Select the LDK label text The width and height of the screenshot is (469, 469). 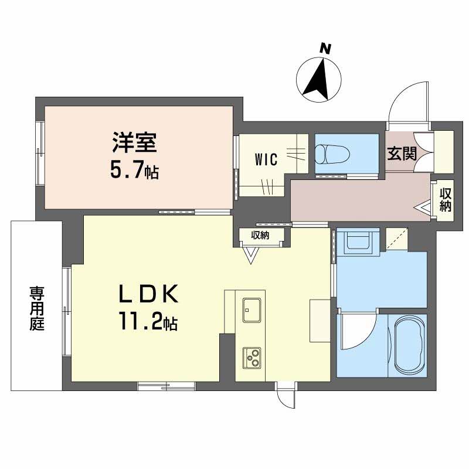148,294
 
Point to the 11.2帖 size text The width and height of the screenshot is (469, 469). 149,321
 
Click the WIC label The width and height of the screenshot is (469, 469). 266,159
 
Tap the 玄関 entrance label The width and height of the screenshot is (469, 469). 402,154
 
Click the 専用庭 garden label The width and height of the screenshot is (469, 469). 37,308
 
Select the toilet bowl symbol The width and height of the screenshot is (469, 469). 332,154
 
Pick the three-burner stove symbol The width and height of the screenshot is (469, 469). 252,358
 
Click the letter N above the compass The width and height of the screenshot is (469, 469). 325,49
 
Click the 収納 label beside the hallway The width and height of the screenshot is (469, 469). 445,200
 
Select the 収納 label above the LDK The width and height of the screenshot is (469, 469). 260,236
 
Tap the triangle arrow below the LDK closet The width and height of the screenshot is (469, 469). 250,255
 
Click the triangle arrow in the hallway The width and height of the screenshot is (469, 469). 423,207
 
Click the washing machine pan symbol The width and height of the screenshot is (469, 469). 358,241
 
